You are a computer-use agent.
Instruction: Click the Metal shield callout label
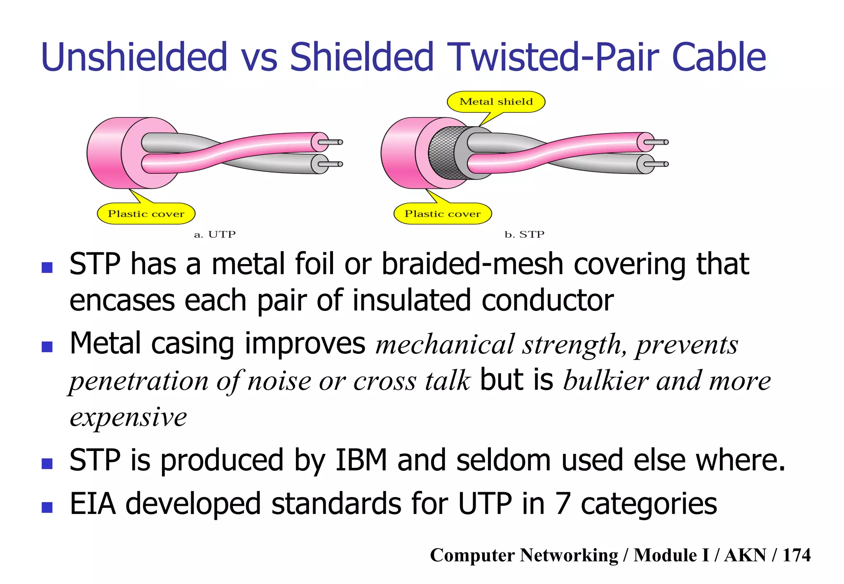click(496, 102)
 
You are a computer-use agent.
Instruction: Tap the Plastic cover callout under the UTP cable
click(146, 214)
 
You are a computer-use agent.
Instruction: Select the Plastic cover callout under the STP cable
click(443, 214)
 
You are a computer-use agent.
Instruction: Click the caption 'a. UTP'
click(215, 235)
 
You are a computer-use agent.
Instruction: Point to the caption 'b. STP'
click(524, 235)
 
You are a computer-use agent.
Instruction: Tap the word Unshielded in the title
click(134, 57)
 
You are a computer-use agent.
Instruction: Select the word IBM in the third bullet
click(361, 460)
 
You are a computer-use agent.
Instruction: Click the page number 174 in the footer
click(796, 555)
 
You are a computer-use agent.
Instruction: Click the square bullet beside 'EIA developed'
click(47, 507)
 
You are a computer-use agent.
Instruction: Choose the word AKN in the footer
click(745, 555)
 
